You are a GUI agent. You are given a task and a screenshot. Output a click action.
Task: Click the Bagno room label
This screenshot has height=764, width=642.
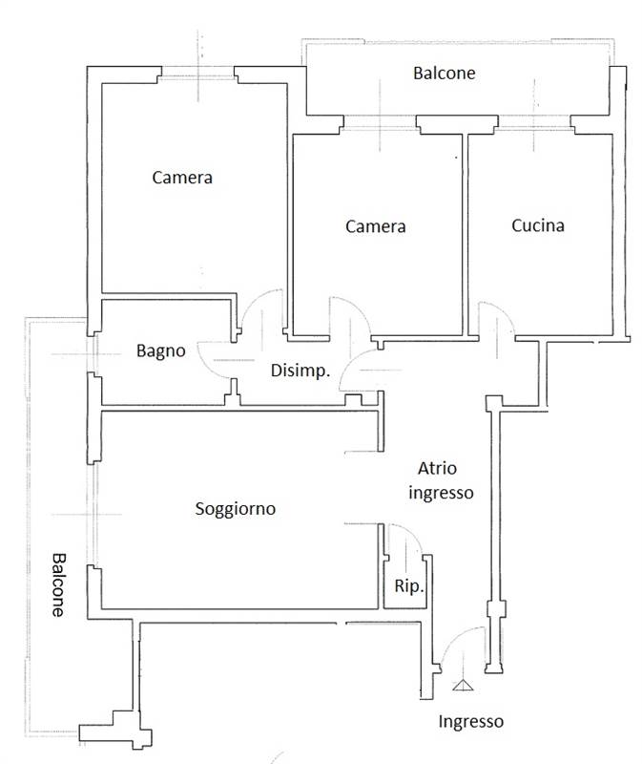(x=160, y=351)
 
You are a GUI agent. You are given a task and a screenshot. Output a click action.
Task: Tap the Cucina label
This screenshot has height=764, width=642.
(x=538, y=225)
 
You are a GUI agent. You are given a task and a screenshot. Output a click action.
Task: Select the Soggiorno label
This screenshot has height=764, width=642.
(x=235, y=509)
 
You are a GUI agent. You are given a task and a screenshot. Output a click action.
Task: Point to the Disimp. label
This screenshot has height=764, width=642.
(x=300, y=371)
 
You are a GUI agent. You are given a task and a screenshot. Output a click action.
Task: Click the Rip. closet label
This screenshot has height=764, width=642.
(x=409, y=586)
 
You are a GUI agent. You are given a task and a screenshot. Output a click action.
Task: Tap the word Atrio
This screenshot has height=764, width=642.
(x=437, y=469)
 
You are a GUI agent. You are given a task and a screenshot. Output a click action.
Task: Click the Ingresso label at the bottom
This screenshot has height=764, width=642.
(x=470, y=722)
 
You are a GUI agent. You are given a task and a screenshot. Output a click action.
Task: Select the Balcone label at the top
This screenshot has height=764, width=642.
(x=444, y=74)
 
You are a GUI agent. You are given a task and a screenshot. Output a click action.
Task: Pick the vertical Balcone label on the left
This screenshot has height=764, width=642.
(x=58, y=584)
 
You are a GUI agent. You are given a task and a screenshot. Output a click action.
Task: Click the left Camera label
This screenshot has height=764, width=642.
(x=182, y=178)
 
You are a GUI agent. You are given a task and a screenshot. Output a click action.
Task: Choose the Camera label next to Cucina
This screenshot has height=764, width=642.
(x=375, y=226)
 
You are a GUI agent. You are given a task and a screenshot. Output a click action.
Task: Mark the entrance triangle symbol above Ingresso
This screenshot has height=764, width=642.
(x=463, y=686)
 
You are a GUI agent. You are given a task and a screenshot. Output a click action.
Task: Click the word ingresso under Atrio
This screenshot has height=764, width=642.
(x=441, y=493)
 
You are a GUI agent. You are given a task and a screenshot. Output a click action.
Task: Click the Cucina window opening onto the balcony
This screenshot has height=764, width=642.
(x=534, y=123)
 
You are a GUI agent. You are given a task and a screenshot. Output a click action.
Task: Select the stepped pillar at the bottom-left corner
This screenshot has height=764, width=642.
(x=115, y=730)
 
